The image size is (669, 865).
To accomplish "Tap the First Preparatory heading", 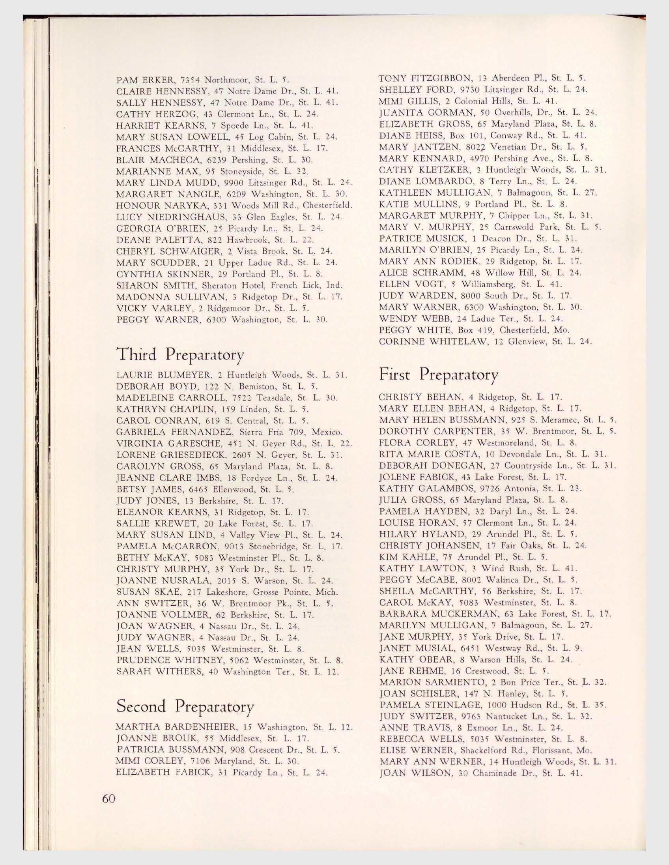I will [x=439, y=374].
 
